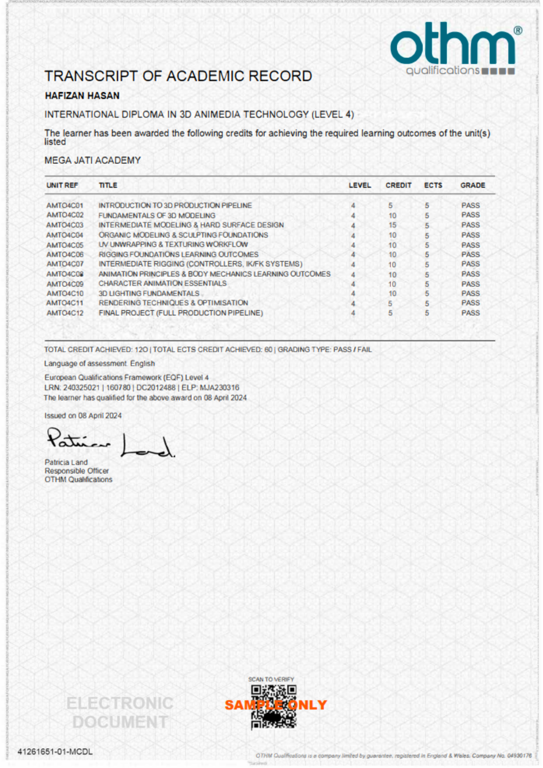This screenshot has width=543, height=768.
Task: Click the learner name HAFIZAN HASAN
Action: (82, 96)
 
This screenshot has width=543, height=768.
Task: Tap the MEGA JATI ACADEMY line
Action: (92, 160)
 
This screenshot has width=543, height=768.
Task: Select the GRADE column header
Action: (473, 185)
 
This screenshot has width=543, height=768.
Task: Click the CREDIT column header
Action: (398, 185)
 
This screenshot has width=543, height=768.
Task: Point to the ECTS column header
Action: (433, 185)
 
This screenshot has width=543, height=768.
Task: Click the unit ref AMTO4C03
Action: (65, 225)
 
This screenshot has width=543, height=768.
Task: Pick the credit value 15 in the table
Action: (392, 225)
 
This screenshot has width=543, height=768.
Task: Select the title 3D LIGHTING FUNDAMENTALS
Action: (149, 294)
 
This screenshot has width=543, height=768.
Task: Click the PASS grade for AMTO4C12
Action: (470, 313)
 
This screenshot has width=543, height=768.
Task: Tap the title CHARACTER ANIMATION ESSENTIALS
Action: (163, 284)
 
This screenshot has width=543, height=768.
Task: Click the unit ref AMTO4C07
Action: (65, 264)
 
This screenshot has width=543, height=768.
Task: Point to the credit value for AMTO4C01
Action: (390, 206)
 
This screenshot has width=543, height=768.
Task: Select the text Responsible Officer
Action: (77, 471)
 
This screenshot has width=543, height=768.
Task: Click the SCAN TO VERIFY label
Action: (271, 679)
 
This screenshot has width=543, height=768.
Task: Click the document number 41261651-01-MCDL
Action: (55, 752)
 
